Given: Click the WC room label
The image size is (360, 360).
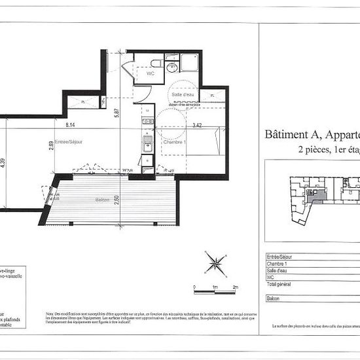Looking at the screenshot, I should click(x=150, y=73).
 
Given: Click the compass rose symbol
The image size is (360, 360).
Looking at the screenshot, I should click(x=213, y=263).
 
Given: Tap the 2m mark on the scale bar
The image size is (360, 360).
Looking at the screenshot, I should click(x=235, y=287).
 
